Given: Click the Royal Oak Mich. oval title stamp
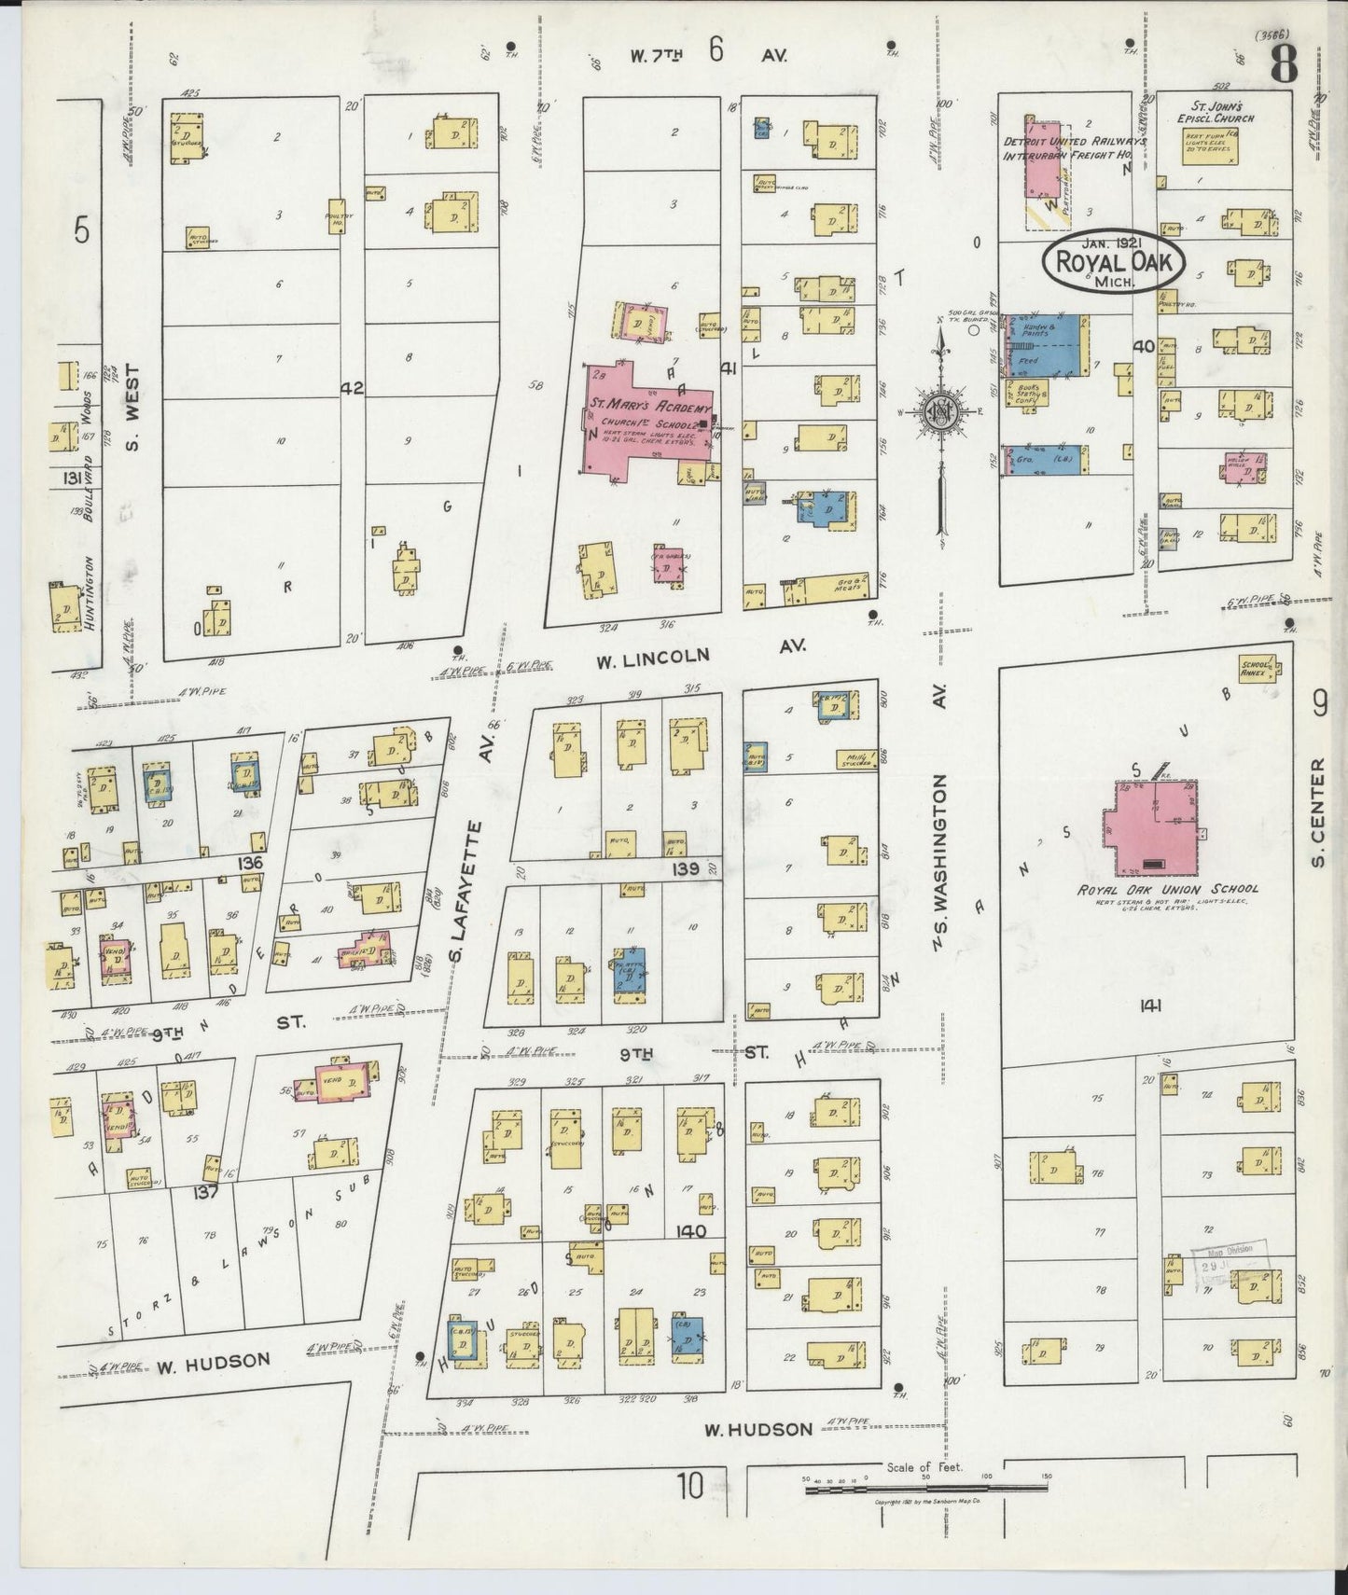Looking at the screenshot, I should click(1113, 263).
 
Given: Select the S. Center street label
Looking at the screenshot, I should click(1318, 811).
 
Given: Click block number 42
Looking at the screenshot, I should click(352, 388).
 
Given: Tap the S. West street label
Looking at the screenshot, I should click(132, 407).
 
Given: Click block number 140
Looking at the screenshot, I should click(691, 1231).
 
